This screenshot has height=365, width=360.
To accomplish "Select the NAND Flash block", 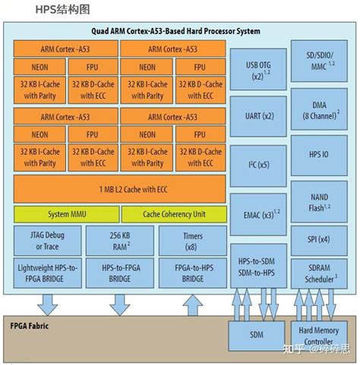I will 320,202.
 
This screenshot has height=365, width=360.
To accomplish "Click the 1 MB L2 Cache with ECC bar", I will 119,188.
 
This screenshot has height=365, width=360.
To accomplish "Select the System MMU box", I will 65,214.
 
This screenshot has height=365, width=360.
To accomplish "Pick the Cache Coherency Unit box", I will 173,214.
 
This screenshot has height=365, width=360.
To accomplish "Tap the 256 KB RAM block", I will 119,241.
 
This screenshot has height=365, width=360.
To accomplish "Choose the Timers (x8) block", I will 193,241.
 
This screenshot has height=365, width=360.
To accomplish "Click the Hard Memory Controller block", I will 320,335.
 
